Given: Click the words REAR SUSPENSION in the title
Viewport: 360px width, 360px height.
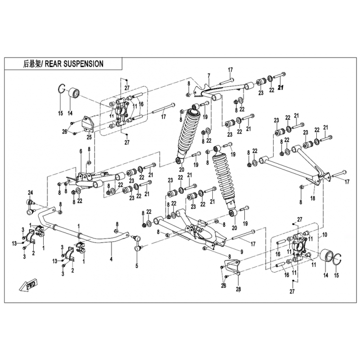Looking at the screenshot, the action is pyautogui.click(x=74, y=63).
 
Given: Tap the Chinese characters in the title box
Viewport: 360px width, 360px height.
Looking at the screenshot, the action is pyautogui.click(x=31, y=64).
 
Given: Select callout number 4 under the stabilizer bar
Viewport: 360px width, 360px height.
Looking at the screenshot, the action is pyautogui.click(x=111, y=259).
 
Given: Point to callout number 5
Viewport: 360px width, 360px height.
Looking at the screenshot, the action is pyautogui.click(x=137, y=266).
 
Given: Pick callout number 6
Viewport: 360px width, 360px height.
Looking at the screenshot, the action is pyautogui.click(x=81, y=151).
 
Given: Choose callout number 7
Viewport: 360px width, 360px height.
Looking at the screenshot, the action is pyautogui.click(x=209, y=76).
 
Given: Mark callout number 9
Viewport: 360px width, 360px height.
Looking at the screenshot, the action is pyautogui.click(x=242, y=252).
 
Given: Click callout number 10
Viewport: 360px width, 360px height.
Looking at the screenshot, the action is pyautogui.click(x=324, y=234).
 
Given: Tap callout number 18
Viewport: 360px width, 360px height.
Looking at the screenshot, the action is pyautogui.click(x=313, y=198).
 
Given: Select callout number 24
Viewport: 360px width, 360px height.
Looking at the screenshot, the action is pyautogui.click(x=31, y=192).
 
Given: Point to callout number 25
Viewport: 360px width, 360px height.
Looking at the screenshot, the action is pyautogui.click(x=89, y=137).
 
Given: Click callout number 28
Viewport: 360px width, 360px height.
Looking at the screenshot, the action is pyautogui.click(x=238, y=289).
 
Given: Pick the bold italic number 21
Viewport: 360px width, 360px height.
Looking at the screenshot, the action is pyautogui.click(x=281, y=87).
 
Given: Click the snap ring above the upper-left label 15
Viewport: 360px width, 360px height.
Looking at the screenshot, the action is pyautogui.click(x=61, y=89).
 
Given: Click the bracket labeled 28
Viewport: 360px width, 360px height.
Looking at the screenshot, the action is pyautogui.click(x=232, y=267).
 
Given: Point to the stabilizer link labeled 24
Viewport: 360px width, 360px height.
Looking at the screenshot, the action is pyautogui.click(x=31, y=207).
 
